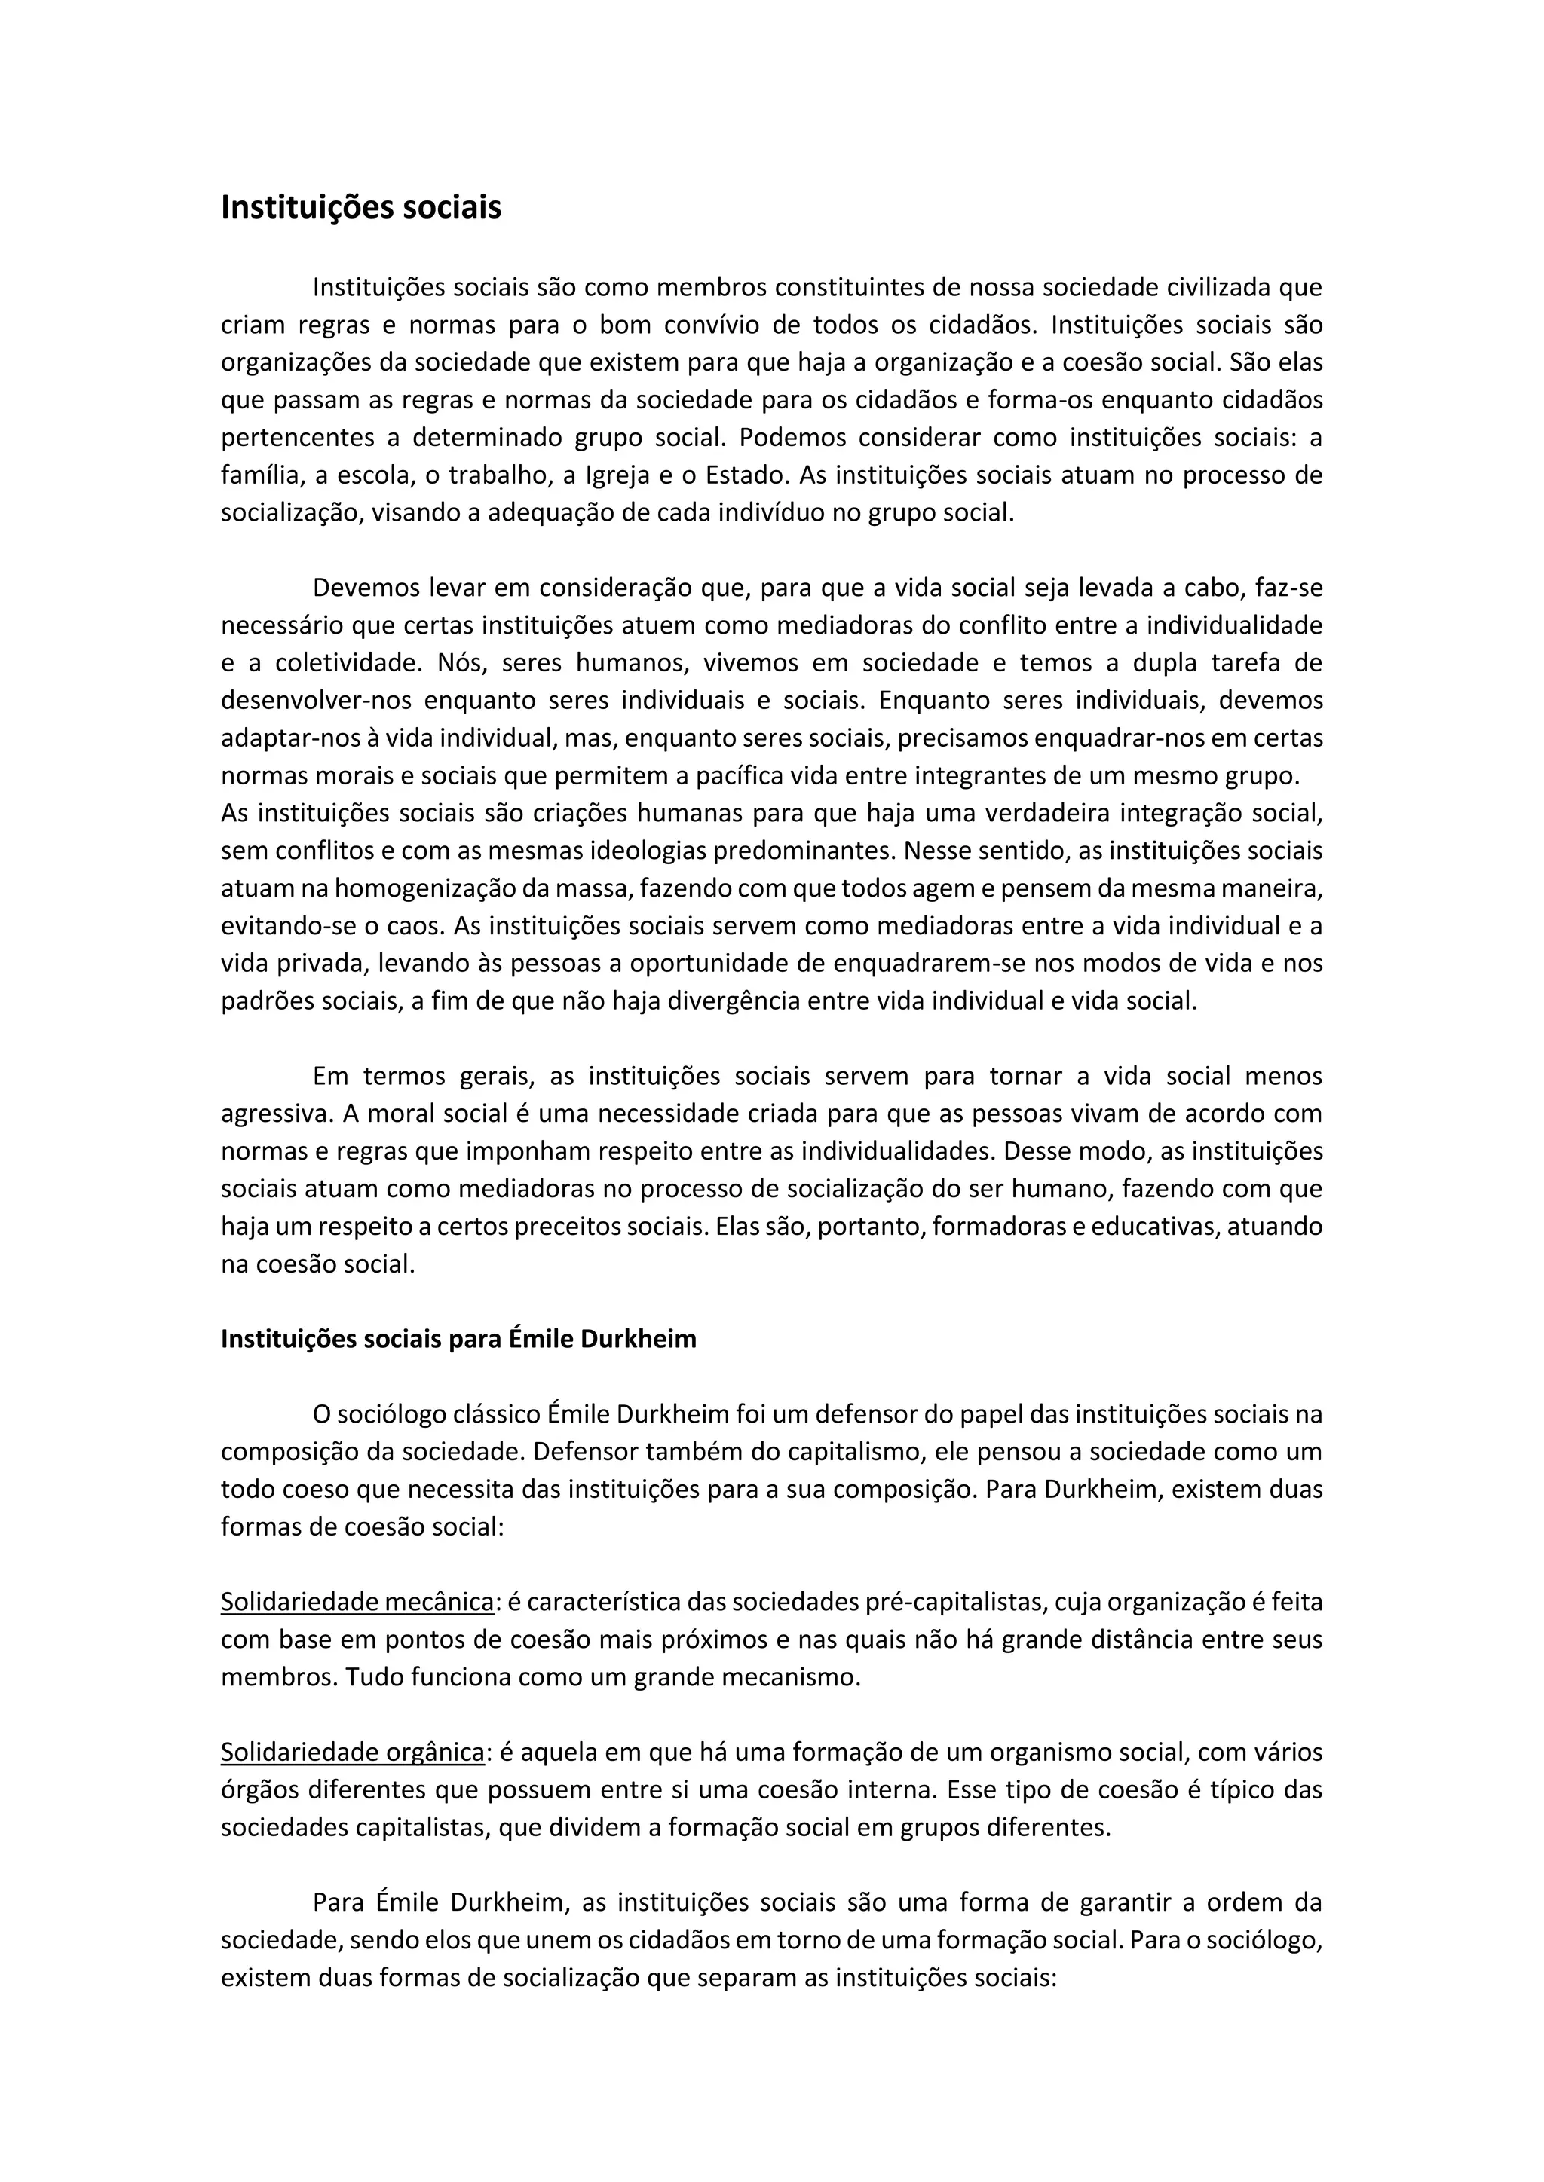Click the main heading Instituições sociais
[x=360, y=207]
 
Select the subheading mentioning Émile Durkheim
[x=458, y=1339]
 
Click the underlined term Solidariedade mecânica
[x=357, y=1603]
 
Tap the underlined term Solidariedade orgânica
[x=353, y=1753]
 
